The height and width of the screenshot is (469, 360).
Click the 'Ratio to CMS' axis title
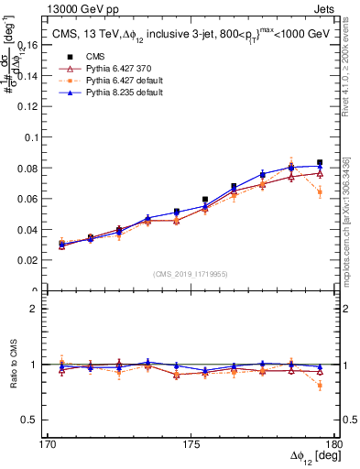click(13, 365)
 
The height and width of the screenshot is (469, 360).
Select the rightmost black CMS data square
click(320, 162)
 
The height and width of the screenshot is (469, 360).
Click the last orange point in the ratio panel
click(320, 386)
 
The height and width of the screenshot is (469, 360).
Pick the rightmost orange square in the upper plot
click(320, 192)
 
